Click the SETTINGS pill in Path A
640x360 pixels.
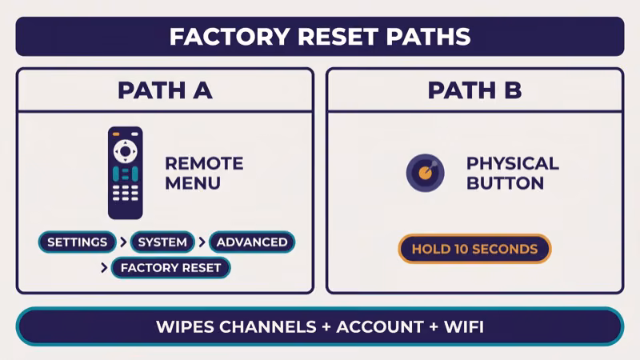point(77,242)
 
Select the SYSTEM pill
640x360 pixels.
point(162,242)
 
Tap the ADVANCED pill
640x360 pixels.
point(252,242)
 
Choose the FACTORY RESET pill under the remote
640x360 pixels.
point(170,267)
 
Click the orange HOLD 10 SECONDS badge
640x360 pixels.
point(474,249)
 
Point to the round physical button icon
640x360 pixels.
point(425,173)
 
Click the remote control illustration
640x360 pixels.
point(125,172)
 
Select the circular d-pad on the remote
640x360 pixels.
point(125,150)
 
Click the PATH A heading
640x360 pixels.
point(165,90)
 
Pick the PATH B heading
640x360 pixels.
point(474,90)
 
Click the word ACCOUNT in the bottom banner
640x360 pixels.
point(378,326)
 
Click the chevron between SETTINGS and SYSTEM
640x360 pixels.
point(122,242)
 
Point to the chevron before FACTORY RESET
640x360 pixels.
point(104,267)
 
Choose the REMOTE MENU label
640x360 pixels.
point(203,173)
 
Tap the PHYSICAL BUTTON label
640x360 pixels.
point(512,173)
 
